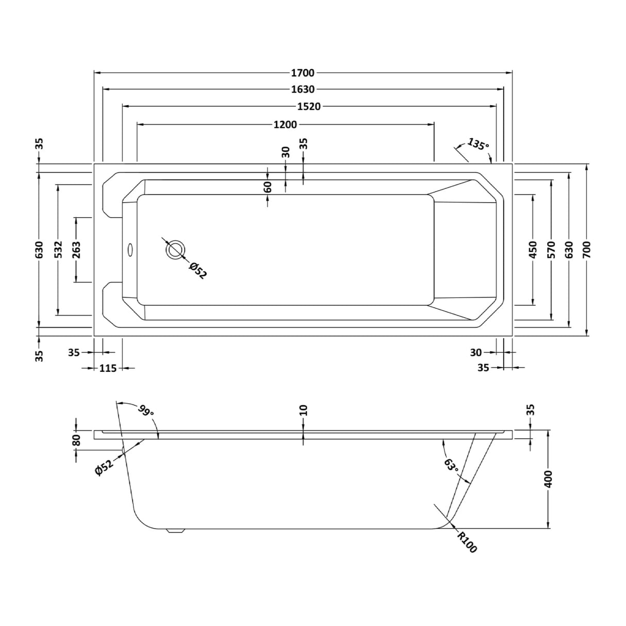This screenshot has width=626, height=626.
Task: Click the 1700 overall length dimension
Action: coord(303,73)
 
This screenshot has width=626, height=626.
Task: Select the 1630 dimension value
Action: coord(303,89)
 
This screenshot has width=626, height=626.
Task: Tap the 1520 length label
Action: coord(309,107)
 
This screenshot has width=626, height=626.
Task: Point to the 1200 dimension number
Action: coord(285,124)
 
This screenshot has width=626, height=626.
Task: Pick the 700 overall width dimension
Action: coord(587,250)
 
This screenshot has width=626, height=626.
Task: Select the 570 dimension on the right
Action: coord(552,250)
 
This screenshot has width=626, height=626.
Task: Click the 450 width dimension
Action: coord(533,250)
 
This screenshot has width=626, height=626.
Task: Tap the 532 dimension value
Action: coord(58,250)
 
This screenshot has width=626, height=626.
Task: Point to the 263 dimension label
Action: coord(77,250)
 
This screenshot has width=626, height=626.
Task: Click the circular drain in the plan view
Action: coord(176,250)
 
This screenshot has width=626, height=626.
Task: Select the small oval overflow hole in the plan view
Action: coord(130,250)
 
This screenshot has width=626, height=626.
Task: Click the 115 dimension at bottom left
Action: coord(108,368)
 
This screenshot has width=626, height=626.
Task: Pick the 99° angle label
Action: coord(145,411)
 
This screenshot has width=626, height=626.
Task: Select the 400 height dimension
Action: coord(548,479)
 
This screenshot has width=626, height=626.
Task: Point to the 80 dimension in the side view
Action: coord(77,440)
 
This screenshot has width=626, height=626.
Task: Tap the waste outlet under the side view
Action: coord(175,531)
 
